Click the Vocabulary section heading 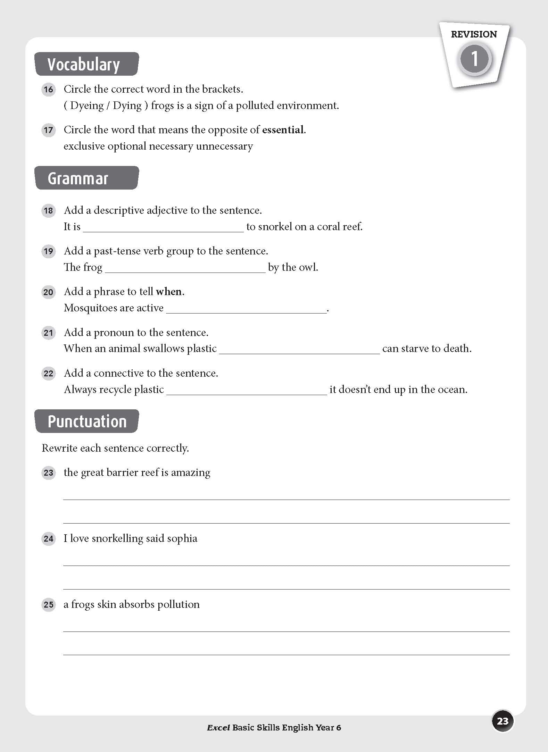(x=84, y=65)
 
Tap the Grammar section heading (x=78, y=178)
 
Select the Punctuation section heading (x=87, y=421)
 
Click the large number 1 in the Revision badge (x=474, y=59)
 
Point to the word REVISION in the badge (x=474, y=34)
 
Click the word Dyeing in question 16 (x=87, y=106)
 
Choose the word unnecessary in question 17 (x=224, y=146)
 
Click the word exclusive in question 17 (x=84, y=146)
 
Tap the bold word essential (x=283, y=130)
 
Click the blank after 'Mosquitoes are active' (x=246, y=309)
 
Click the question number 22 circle (x=48, y=374)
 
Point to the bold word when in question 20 (x=169, y=292)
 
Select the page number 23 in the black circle (x=503, y=721)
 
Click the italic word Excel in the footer (x=218, y=728)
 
